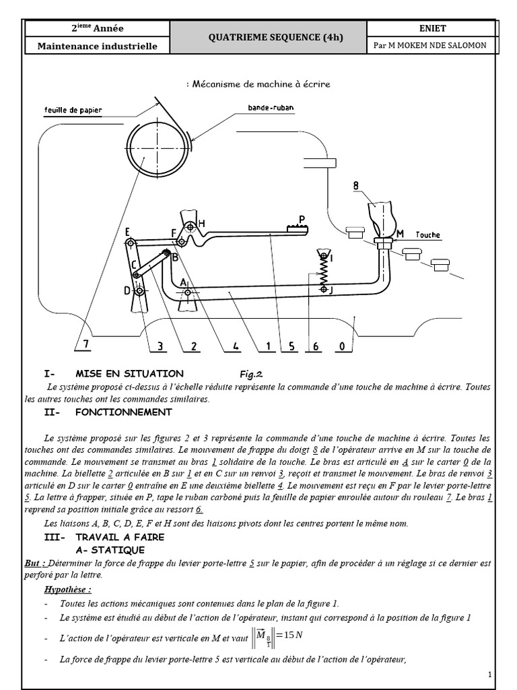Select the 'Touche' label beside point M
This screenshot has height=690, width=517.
(x=427, y=235)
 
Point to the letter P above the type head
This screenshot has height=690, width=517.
(x=302, y=218)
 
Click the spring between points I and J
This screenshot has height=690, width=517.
(x=323, y=274)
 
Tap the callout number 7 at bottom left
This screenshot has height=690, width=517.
(x=85, y=346)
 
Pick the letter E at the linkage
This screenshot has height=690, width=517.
(x=127, y=232)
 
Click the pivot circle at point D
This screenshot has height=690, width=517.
(x=138, y=290)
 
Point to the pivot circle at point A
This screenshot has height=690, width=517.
(x=188, y=292)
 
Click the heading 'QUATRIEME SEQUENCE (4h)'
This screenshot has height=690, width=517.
(x=268, y=37)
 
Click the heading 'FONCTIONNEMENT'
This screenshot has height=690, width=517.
(x=124, y=412)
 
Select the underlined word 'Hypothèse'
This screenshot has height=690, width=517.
(x=67, y=590)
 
